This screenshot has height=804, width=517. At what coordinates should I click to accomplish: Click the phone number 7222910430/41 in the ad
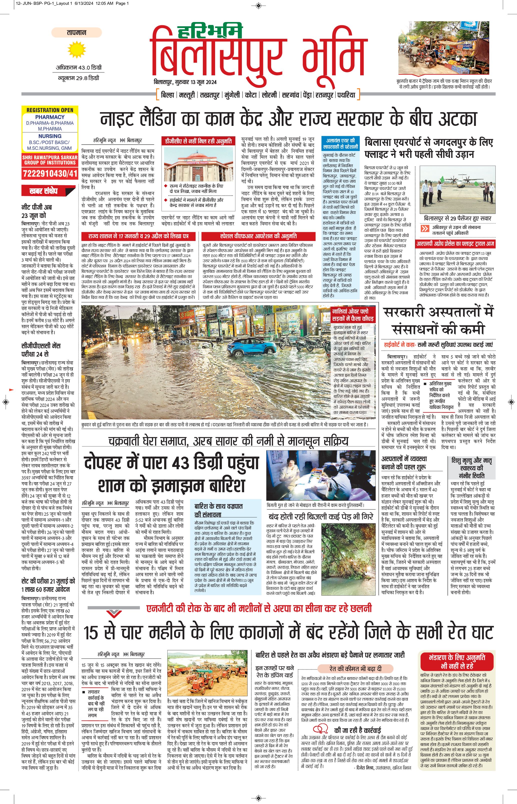[50, 174]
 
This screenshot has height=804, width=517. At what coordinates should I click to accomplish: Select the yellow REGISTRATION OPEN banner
[50, 110]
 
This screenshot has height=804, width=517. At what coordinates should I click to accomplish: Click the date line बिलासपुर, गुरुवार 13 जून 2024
[185, 82]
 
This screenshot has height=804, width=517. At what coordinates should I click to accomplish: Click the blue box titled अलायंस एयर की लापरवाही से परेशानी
[340, 144]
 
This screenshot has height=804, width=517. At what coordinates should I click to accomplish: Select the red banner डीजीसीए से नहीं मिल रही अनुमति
[198, 141]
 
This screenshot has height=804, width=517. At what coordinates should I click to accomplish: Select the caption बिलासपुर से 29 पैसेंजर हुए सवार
[457, 218]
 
